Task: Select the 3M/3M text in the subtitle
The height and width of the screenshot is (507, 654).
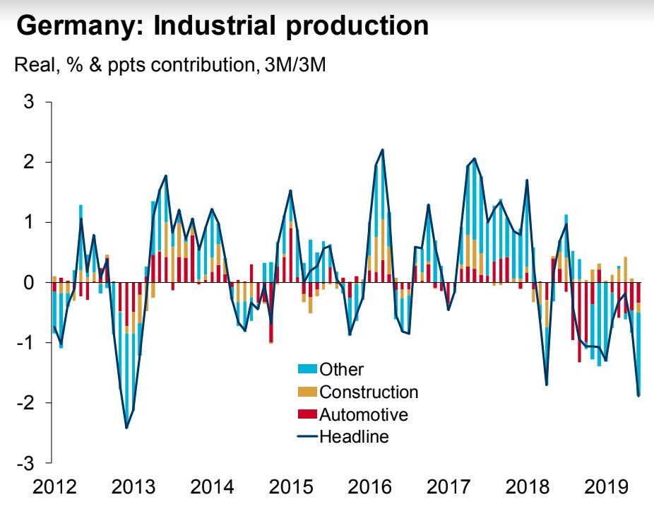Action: point(291,66)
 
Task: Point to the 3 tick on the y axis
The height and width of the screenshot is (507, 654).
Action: point(28,102)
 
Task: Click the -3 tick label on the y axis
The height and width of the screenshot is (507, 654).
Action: point(25,462)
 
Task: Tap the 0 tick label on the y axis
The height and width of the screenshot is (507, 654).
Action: point(28,283)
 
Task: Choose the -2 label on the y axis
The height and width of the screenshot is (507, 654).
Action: point(25,402)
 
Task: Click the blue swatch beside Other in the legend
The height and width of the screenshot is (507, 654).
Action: point(307,369)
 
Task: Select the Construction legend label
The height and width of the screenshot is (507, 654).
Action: point(369,392)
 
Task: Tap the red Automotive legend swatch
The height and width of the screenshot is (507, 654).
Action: point(307,414)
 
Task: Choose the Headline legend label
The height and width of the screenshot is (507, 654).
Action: point(354,436)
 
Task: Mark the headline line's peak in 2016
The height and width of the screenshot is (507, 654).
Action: point(382,150)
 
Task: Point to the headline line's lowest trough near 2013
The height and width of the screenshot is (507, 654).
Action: point(126,428)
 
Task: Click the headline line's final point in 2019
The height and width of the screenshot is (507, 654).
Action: point(639,395)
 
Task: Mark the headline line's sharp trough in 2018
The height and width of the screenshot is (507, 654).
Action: point(547,385)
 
